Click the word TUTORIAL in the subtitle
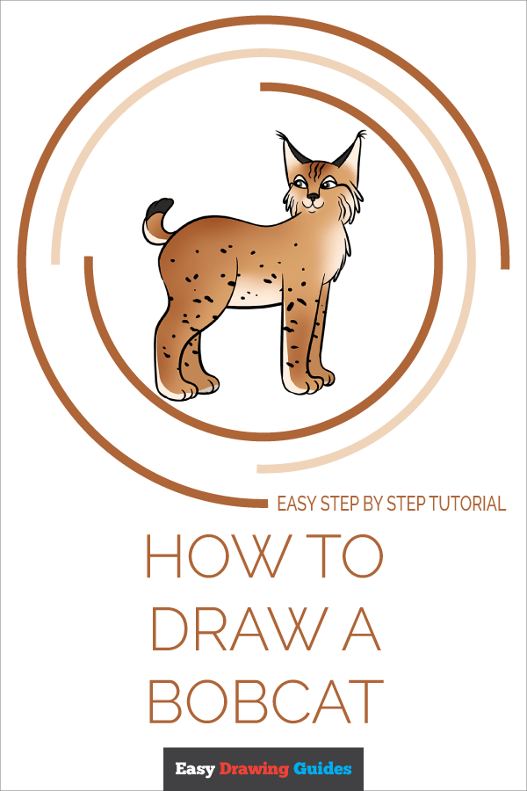tap(467, 504)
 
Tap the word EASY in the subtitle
tap(297, 504)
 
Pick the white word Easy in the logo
tap(196, 770)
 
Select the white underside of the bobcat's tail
tap(151, 233)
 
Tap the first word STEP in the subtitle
tap(339, 504)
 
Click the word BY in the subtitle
tap(373, 504)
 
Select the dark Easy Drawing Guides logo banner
tap(263, 769)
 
